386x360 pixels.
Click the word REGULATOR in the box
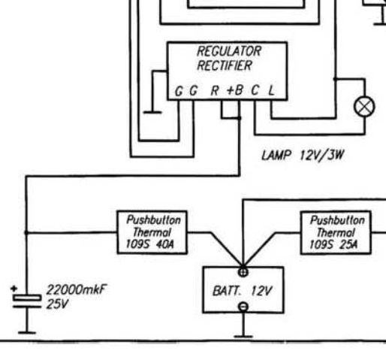pyautogui.click(x=229, y=51)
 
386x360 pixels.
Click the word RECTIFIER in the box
pyautogui.click(x=225, y=65)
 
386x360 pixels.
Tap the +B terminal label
pyautogui.click(x=235, y=90)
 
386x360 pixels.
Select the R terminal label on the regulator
pyautogui.click(x=215, y=90)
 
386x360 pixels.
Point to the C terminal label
pyautogui.click(x=255, y=90)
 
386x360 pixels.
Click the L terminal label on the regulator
pyautogui.click(x=272, y=90)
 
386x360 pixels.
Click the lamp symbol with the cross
pyautogui.click(x=364, y=107)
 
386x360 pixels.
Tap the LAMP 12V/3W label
pyautogui.click(x=303, y=156)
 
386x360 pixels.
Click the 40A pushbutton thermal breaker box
pyautogui.click(x=152, y=232)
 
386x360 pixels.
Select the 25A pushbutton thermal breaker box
pyautogui.click(x=336, y=233)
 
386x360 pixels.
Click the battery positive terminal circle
pyautogui.click(x=243, y=272)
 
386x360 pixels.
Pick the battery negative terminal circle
pyautogui.click(x=243, y=307)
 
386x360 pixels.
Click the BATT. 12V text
pyautogui.click(x=242, y=292)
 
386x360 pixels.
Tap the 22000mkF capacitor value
pyautogui.click(x=77, y=290)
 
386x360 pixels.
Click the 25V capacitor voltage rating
pyautogui.click(x=57, y=304)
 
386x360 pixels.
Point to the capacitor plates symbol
pyautogui.click(x=27, y=301)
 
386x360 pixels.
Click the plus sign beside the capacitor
pyautogui.click(x=14, y=289)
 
